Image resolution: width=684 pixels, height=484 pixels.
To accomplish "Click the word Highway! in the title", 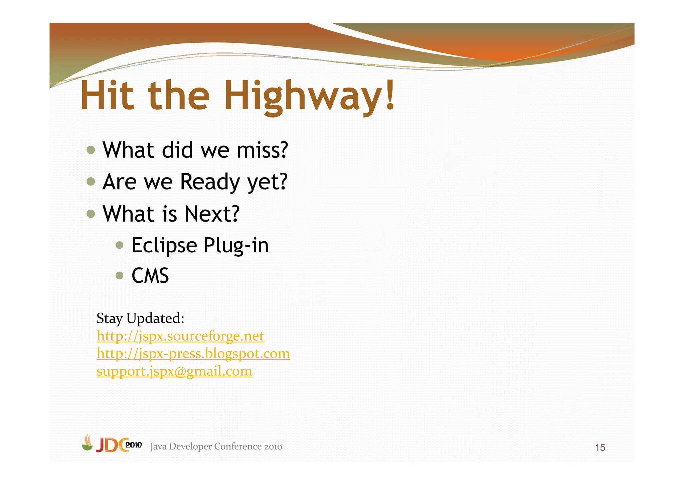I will pyautogui.click(x=309, y=96).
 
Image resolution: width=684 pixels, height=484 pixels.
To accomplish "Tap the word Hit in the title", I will pyautogui.click(x=107, y=96).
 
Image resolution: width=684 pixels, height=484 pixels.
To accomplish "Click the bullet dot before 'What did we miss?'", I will pyautogui.click(x=91, y=150).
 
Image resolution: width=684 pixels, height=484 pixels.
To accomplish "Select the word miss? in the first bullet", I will pyautogui.click(x=262, y=150).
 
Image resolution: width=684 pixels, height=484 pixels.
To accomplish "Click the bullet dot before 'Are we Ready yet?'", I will pyautogui.click(x=91, y=181).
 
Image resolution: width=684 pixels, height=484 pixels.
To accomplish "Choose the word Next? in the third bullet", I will pyautogui.click(x=212, y=214).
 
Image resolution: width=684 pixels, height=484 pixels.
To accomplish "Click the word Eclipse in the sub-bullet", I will pyautogui.click(x=164, y=246).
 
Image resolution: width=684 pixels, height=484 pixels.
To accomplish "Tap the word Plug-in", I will pyautogui.click(x=236, y=246).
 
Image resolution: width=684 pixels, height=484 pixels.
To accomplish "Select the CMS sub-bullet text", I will pyautogui.click(x=150, y=276).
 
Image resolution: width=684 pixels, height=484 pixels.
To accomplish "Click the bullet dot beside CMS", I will pyautogui.click(x=120, y=276).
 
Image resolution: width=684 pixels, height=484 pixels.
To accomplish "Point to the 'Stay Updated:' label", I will pyautogui.click(x=140, y=318).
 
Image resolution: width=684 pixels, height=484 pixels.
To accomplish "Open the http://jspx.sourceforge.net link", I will pyautogui.click(x=180, y=336).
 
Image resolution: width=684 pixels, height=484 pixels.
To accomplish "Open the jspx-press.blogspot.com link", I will pyautogui.click(x=193, y=354).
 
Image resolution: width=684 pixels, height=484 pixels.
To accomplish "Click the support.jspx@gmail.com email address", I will pyautogui.click(x=174, y=371).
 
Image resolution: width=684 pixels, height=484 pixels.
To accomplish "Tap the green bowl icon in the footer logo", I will pyautogui.click(x=88, y=446).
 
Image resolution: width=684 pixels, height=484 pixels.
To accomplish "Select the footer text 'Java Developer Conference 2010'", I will pyautogui.click(x=216, y=447).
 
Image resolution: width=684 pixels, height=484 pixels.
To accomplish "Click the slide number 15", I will pyautogui.click(x=600, y=448).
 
